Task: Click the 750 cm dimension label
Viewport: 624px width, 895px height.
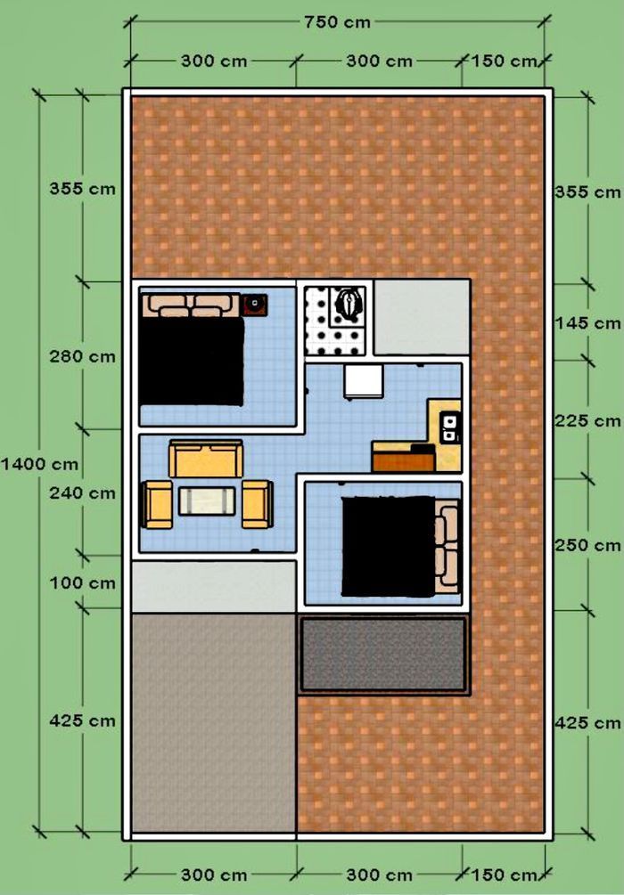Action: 337,22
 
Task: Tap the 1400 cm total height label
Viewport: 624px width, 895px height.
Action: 39,464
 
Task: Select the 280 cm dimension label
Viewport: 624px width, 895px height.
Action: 82,357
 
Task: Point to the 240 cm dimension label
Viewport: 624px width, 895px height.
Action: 82,492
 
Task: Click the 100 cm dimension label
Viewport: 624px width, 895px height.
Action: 82,583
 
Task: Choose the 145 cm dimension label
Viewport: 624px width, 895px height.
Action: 588,323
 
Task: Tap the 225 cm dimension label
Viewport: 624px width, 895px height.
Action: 588,420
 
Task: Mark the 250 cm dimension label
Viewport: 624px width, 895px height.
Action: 588,545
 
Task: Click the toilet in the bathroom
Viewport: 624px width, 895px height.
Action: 348,303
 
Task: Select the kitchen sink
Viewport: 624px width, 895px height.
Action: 449,427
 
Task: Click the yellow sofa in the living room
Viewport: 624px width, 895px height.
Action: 206,459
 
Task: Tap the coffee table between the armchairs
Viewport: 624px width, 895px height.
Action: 207,500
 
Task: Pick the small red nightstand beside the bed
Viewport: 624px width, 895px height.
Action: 254,305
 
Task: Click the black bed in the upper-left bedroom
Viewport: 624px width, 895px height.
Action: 192,360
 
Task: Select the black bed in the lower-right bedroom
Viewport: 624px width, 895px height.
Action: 389,546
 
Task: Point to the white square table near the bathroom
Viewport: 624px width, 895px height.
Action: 364,381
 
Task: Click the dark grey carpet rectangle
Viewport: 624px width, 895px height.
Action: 383,655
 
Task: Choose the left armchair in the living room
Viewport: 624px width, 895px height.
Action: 157,504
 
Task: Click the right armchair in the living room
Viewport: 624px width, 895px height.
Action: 257,504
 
